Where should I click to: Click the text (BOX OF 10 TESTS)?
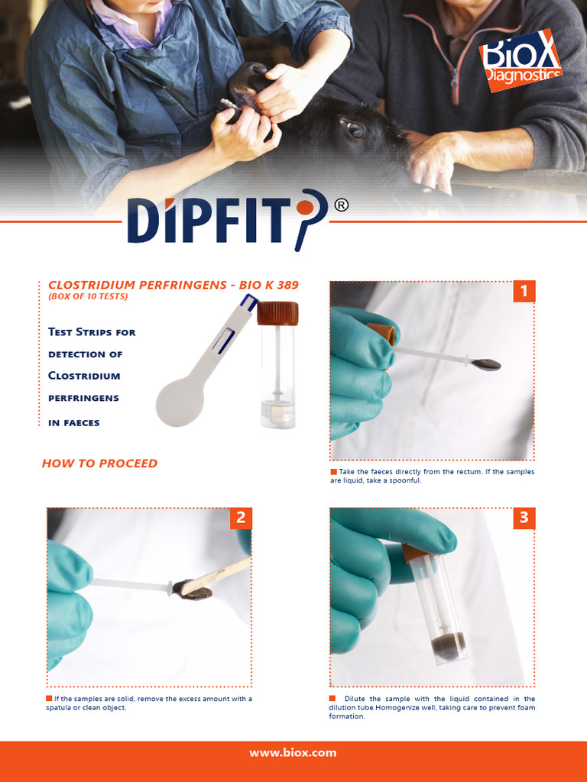[x=88, y=296]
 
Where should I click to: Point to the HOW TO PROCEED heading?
[x=99, y=464]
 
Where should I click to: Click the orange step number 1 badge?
[x=524, y=291]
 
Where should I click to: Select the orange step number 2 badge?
[x=241, y=519]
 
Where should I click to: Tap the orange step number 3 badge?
[x=524, y=519]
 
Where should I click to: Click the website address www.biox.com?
[x=293, y=753]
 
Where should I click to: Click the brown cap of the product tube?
[x=277, y=313]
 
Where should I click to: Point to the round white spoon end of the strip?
[x=180, y=401]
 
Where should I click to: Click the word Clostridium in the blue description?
[x=84, y=376]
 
